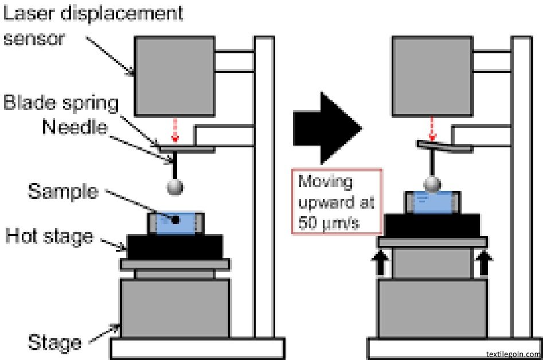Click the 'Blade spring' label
click(60, 104)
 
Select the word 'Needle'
click(74, 127)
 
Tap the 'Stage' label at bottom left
click(54, 343)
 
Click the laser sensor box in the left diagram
click(174, 74)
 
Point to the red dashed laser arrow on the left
click(174, 134)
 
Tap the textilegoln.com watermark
click(512, 354)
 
